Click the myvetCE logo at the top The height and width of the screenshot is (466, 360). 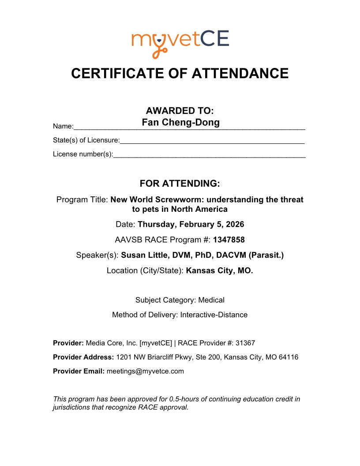(180, 43)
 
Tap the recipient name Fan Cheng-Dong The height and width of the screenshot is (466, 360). (180, 122)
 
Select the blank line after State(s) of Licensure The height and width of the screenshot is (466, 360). (212, 142)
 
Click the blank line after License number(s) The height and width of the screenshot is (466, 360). (209, 156)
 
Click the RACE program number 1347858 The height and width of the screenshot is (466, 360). (229, 240)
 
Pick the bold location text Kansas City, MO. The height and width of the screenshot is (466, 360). (220, 271)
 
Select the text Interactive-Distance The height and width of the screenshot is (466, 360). (214, 315)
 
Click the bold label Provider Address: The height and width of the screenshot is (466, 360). (83, 357)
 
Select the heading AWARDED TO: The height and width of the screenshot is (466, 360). (180, 111)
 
